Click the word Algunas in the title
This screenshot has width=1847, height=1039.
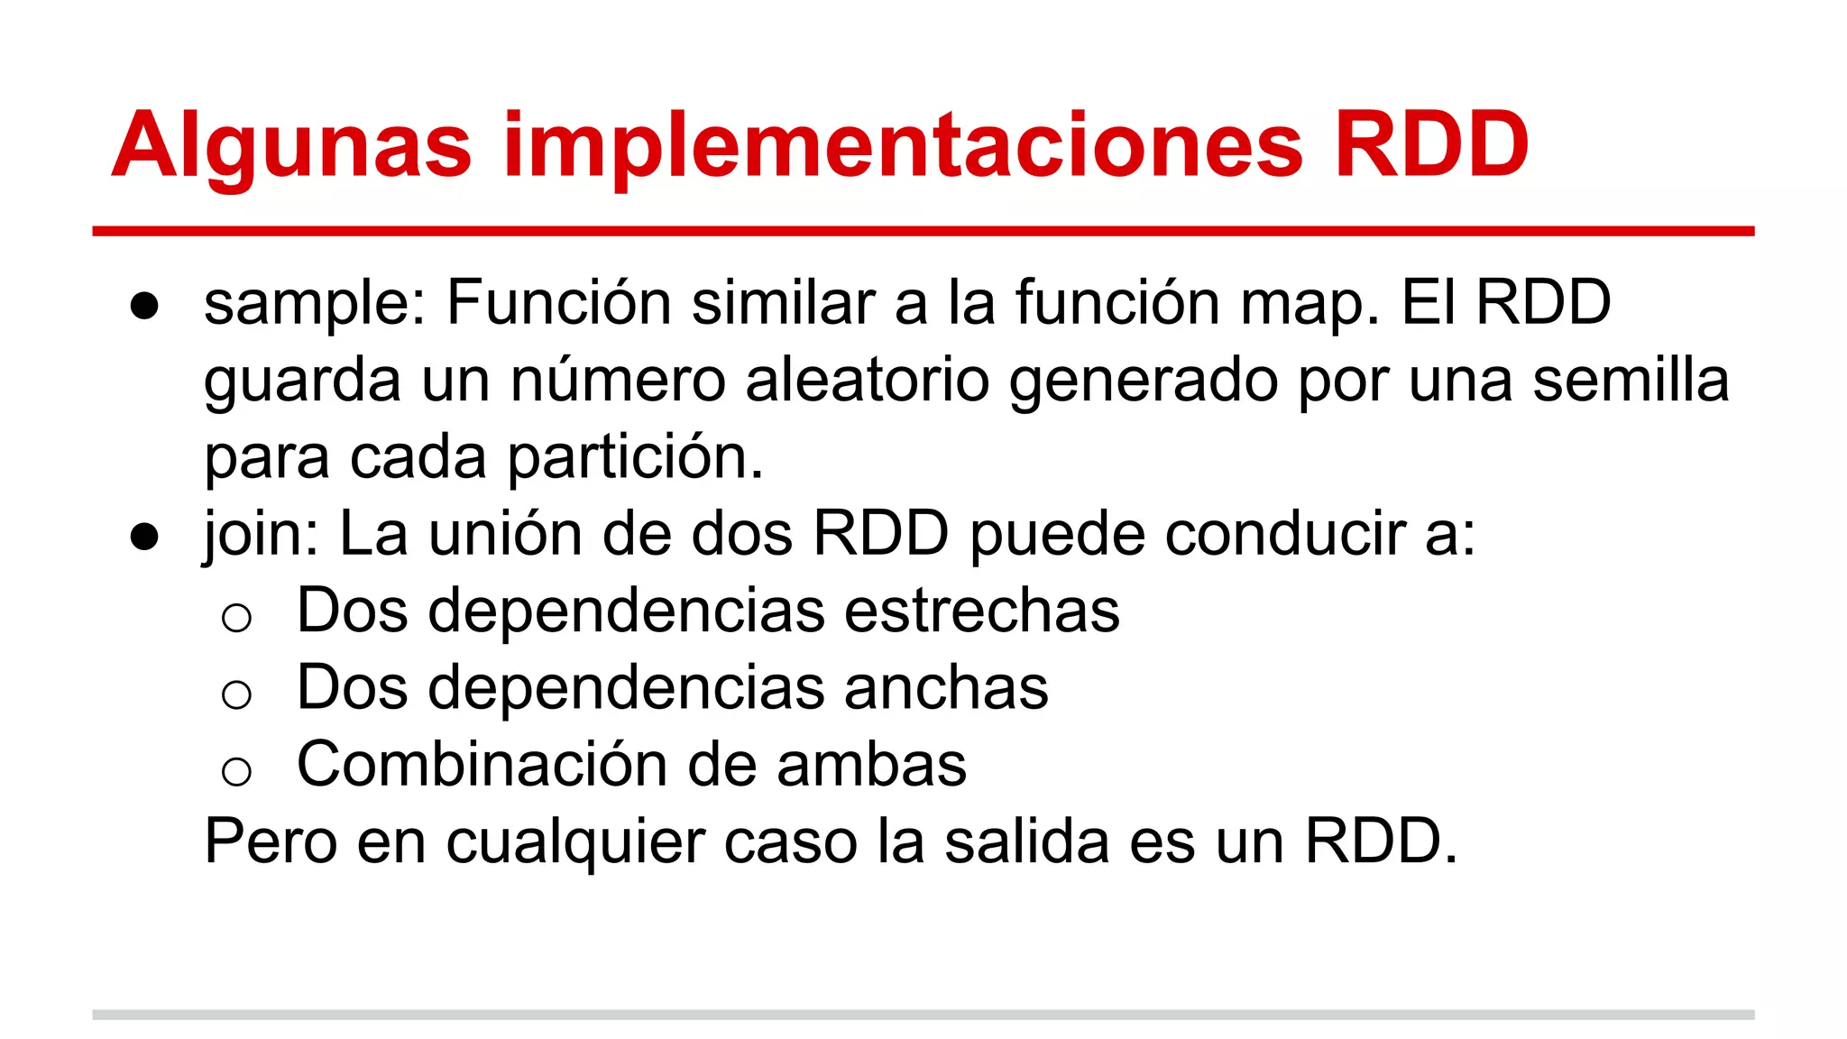pos(291,146)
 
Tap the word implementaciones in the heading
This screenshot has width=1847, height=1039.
pos(903,146)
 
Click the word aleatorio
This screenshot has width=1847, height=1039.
pos(868,380)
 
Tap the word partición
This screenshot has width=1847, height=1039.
pos(636,457)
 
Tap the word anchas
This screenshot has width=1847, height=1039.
pos(946,688)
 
